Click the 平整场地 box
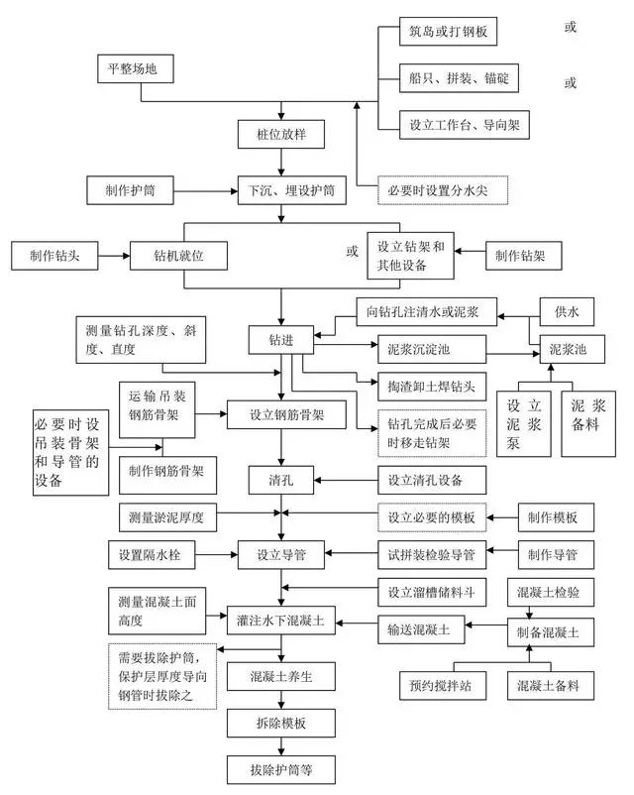[136, 68]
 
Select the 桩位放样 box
[281, 135]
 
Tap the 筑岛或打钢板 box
[448, 32]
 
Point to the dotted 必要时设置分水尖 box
[443, 190]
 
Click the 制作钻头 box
[54, 256]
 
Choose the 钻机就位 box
[178, 256]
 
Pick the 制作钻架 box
[523, 256]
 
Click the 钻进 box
[281, 340]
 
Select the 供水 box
[567, 312]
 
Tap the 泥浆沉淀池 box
[432, 349]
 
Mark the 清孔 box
[281, 480]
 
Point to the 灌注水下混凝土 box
[281, 621]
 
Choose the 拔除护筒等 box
[281, 770]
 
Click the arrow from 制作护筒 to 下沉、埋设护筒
[206, 191]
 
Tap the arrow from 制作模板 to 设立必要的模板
[502, 517]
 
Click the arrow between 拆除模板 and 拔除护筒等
[281, 746]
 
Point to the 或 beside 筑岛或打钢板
[571, 27]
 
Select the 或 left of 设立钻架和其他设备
[353, 251]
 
